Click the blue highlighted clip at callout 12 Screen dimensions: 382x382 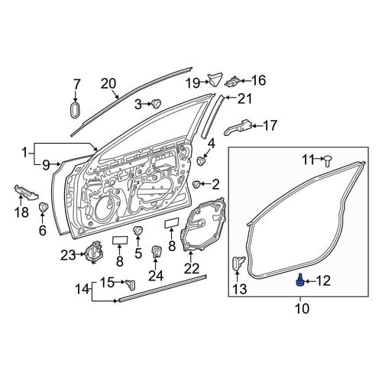point(299,280)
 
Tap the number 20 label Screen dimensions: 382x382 point(108,83)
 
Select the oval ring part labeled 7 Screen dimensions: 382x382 point(76,110)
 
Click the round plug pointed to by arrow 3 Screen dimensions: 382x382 point(156,103)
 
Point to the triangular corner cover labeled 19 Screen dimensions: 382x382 point(215,79)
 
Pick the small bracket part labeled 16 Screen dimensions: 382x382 point(232,81)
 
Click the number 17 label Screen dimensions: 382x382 point(269,125)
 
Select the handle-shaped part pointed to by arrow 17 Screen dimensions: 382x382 point(238,127)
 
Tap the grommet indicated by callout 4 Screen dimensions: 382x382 point(202,160)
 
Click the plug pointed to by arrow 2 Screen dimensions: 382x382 point(196,183)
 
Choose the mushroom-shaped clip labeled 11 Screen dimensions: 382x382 point(328,161)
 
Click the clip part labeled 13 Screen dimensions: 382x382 point(238,264)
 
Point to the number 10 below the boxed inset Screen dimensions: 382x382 point(302,309)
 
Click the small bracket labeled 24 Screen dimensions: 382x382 point(157,251)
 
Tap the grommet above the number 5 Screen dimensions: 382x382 point(138,230)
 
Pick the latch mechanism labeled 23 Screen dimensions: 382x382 point(94,252)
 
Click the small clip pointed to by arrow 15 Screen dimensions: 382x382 point(131,284)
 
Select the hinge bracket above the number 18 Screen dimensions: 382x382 point(26,193)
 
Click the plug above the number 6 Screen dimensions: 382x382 point(44,206)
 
